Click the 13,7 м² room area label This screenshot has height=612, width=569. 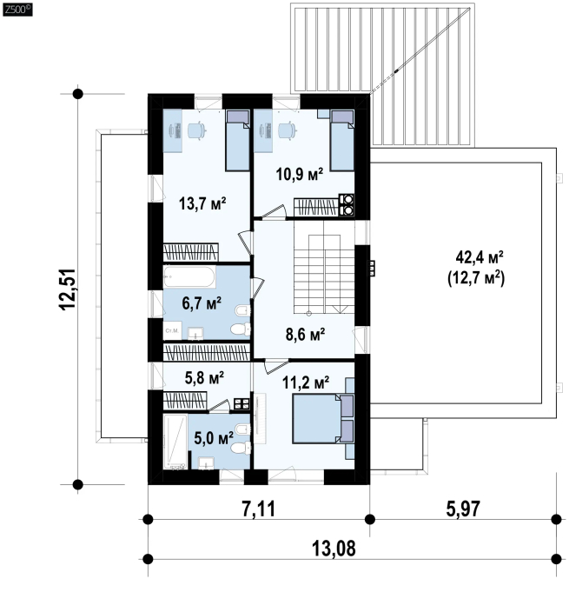[x=202, y=203]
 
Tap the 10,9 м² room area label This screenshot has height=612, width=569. [x=300, y=174]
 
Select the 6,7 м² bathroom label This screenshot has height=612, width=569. [x=202, y=303]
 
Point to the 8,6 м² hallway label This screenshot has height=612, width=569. [x=306, y=334]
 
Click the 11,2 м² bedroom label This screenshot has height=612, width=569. [x=306, y=382]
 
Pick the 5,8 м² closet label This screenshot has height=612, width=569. [x=204, y=377]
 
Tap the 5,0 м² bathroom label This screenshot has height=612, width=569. [x=214, y=438]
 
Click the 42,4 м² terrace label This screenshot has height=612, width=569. [x=480, y=257]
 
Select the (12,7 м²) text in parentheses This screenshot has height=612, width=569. [x=476, y=278]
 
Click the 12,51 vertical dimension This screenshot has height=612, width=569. [x=68, y=289]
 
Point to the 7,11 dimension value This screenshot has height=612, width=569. [x=259, y=509]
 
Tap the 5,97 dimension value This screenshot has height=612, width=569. [x=463, y=509]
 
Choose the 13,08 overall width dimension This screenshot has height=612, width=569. [x=334, y=549]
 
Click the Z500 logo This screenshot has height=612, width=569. [x=17, y=10]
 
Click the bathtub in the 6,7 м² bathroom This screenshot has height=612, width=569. [x=189, y=277]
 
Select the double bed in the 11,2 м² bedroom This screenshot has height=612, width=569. [x=323, y=418]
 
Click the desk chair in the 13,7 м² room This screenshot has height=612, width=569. [x=196, y=130]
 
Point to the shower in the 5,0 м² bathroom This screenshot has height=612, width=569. [x=175, y=442]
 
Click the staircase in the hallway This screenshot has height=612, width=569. [x=324, y=274]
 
